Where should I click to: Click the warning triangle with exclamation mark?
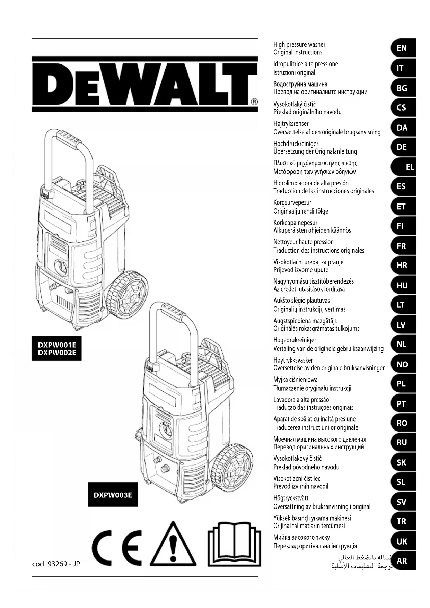coord(173,545)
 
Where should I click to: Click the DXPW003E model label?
coord(113,495)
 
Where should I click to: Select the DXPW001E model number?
coord(57,345)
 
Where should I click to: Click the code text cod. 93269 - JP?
coord(56,564)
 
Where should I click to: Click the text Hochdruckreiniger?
coord(296,144)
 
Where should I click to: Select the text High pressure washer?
coord(299,44)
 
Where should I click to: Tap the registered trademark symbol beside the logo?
coord(254,102)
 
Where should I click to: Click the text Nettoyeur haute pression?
coord(303,242)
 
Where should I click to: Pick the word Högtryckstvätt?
coord(291,498)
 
